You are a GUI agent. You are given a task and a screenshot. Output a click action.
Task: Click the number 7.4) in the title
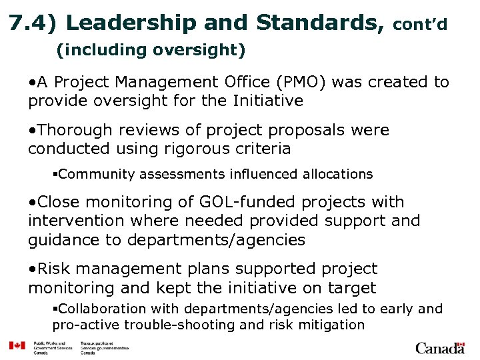pos(33,23)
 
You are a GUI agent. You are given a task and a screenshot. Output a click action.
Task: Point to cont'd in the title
pos(420,25)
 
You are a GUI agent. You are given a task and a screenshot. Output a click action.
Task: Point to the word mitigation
pos(333,325)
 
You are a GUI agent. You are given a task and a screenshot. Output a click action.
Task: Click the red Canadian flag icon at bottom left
pos(17,346)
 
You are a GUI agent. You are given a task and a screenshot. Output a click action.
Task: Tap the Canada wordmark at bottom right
pos(439,347)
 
